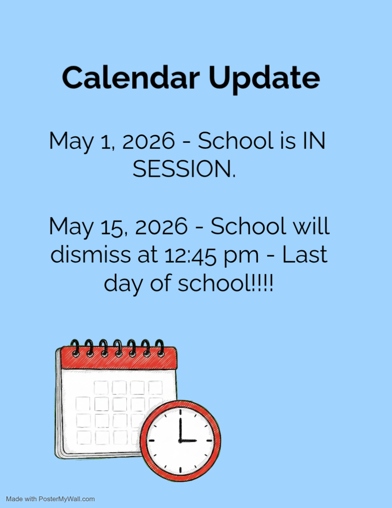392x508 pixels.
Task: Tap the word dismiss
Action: (x=91, y=255)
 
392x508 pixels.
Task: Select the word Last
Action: (x=304, y=255)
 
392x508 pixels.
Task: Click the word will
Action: (x=311, y=227)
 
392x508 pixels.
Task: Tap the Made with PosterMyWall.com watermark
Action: (x=50, y=499)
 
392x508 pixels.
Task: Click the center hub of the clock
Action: (x=180, y=440)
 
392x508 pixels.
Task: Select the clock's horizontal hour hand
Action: (x=188, y=440)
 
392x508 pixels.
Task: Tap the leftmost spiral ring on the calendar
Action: (x=75, y=347)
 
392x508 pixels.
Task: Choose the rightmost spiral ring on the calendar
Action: (x=160, y=347)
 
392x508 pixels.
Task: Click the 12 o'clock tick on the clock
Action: (x=180, y=411)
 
